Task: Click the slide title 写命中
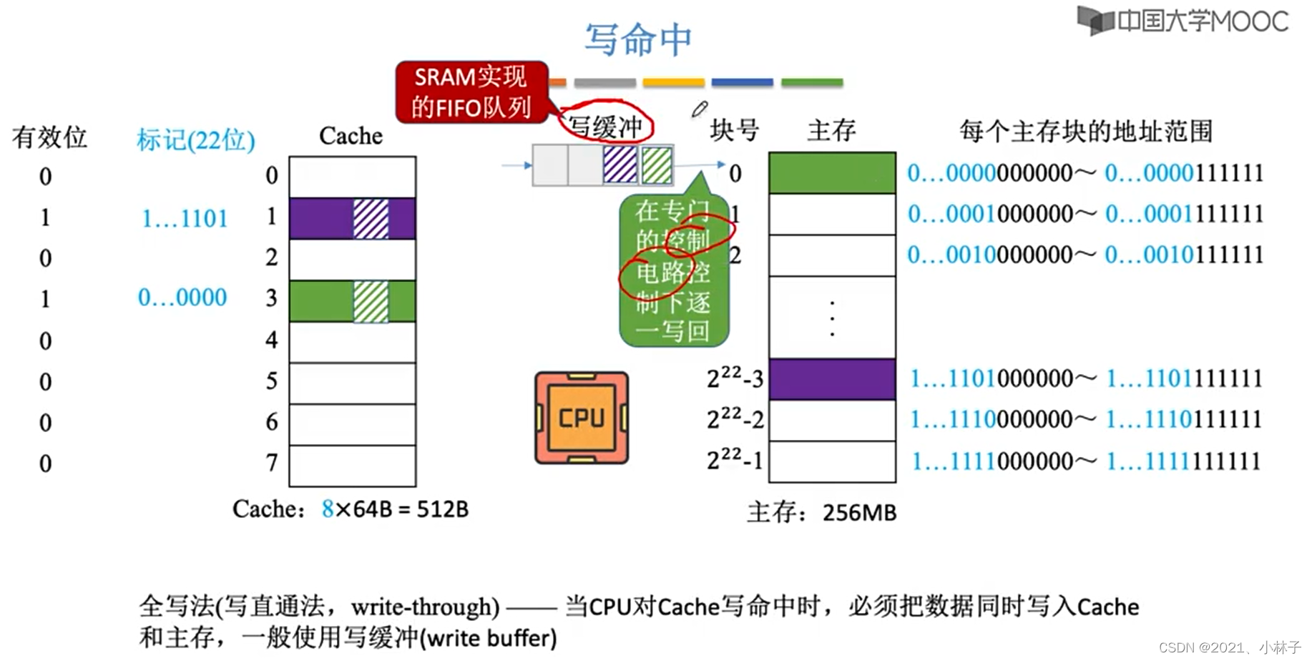(638, 39)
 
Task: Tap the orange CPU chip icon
(582, 418)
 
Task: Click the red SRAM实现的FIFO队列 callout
(471, 92)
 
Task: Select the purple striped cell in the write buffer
(620, 165)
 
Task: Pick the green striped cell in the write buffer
(656, 165)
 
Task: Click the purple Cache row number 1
(352, 218)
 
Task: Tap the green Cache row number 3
(352, 301)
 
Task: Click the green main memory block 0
(832, 173)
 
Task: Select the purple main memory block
(832, 379)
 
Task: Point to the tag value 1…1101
(185, 218)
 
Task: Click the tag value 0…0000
(182, 297)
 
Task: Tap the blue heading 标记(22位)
(196, 139)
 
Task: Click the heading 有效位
(49, 137)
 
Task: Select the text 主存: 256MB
(821, 512)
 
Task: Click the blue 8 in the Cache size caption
(328, 509)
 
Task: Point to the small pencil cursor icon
(699, 109)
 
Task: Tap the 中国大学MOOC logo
(1184, 21)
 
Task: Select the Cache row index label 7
(272, 463)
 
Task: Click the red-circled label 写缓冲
(605, 127)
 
